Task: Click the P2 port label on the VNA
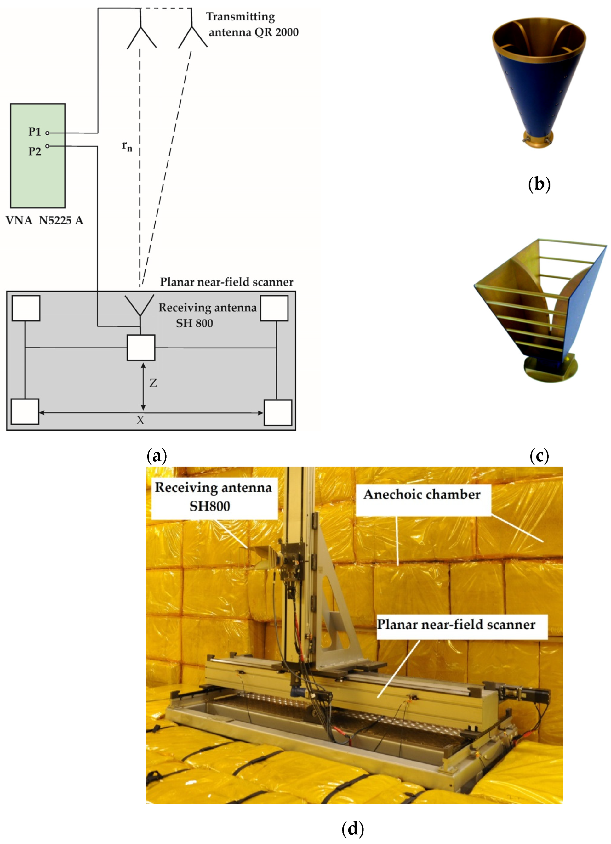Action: tap(35, 151)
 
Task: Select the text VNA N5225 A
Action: tap(44, 220)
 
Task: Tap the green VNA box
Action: tap(37, 175)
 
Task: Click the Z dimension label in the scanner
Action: tap(153, 383)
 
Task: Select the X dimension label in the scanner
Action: tap(140, 420)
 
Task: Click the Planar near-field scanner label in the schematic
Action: tap(226, 282)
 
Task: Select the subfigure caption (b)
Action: tap(539, 184)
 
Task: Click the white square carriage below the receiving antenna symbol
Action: tap(141, 348)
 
